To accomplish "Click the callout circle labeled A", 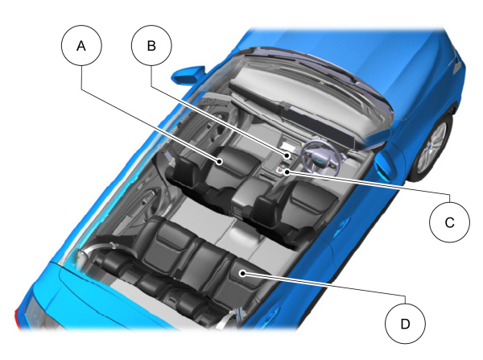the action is pos(81,46).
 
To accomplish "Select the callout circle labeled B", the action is pos(151,46).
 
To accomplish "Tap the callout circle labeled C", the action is pos(449,222).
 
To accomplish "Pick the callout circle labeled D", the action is pos(405,323).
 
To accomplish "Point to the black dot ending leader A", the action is pos(219,161).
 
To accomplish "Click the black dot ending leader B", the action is pos(287,155).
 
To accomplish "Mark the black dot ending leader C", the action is pos(287,172).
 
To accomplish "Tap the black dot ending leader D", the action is pos(243,273).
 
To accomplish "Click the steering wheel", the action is pos(320,158).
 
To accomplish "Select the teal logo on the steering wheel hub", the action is pos(319,159).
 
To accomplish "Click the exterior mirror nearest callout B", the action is pos(188,75).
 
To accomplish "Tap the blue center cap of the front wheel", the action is pos(430,147).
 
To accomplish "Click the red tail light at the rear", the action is pos(18,315).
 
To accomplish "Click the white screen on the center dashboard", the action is pos(289,147).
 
